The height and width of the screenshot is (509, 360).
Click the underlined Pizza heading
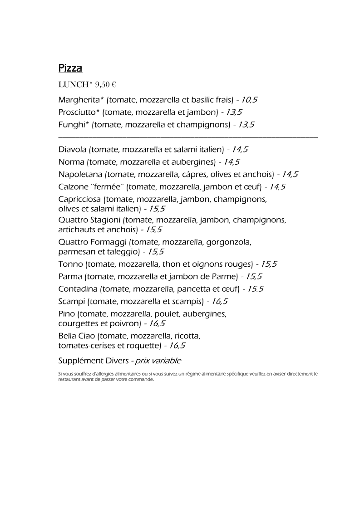(70, 69)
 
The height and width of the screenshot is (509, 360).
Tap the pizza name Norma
(71, 162)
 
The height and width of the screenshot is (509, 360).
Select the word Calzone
(73, 186)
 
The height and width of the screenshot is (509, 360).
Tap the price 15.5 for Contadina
(256, 289)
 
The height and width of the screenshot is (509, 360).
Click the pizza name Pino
(67, 313)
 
